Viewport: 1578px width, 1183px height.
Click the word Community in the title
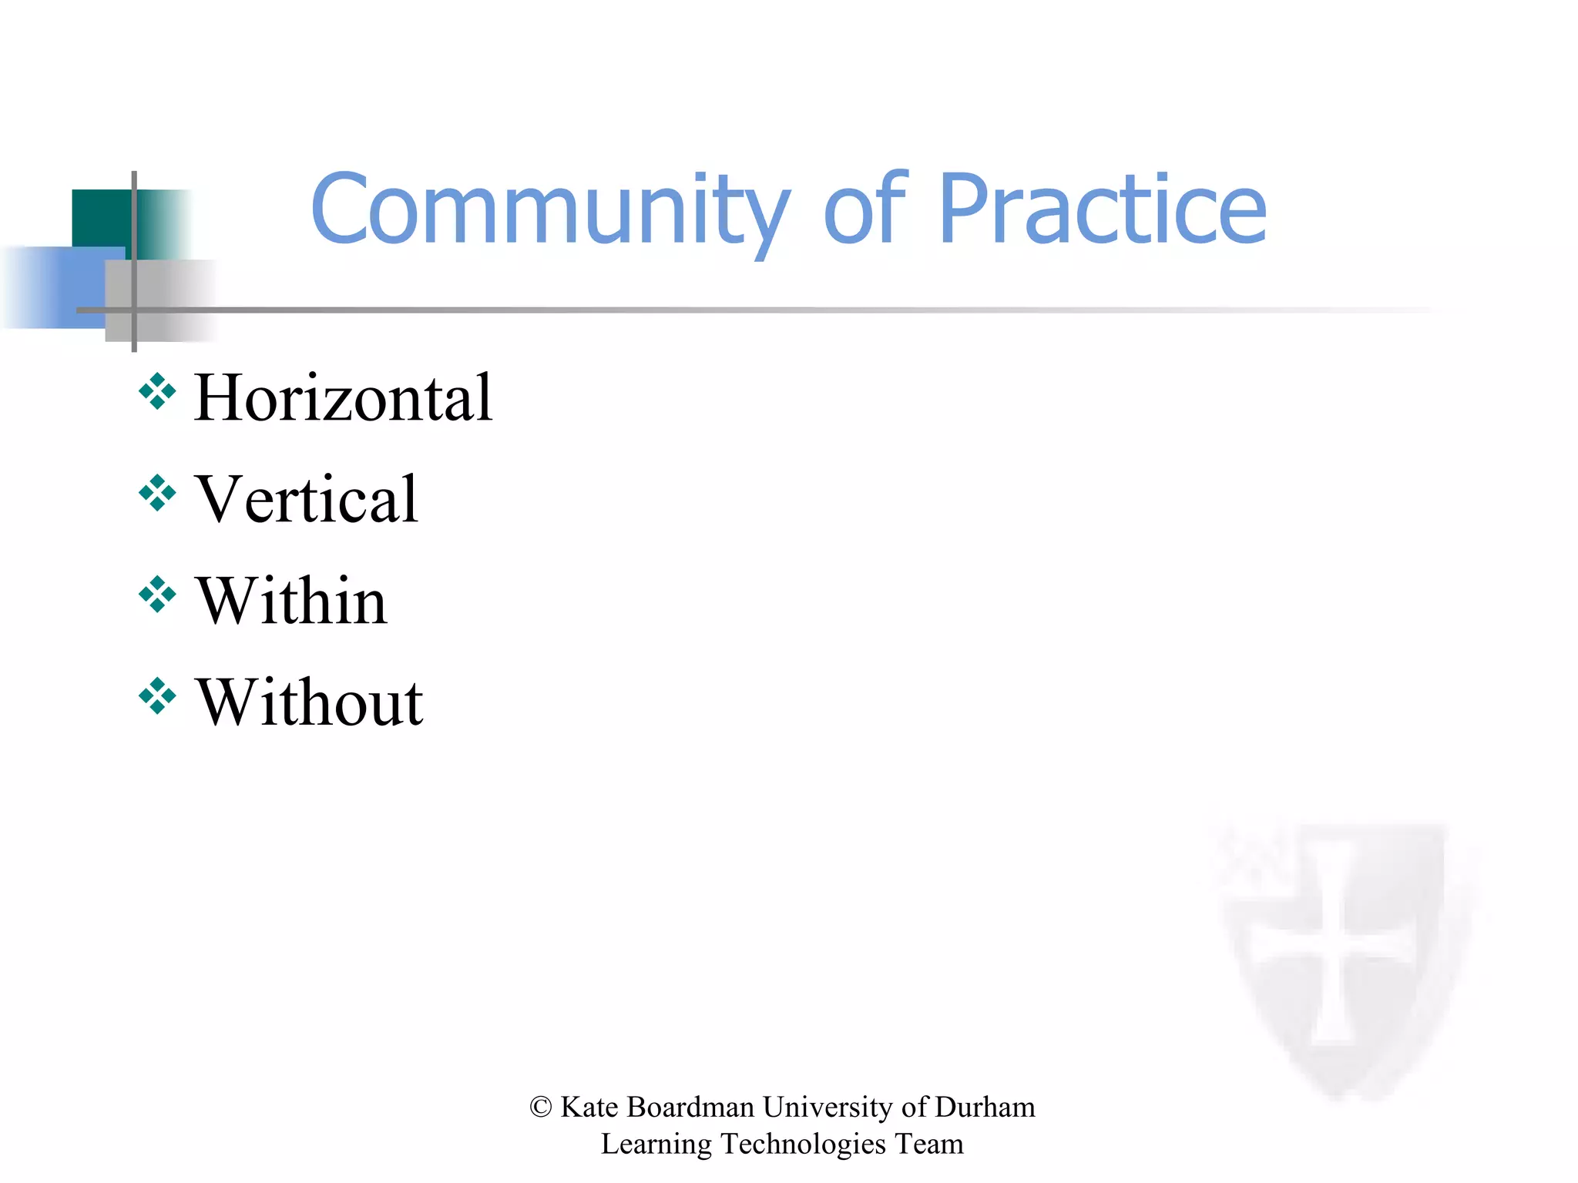(x=550, y=209)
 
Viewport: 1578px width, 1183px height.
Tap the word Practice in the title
(x=1102, y=209)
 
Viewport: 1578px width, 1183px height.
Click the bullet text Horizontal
(x=343, y=398)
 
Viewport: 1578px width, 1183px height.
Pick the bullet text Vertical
(x=307, y=500)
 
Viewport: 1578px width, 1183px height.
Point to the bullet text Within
(x=291, y=602)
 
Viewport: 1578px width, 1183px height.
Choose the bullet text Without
(x=309, y=703)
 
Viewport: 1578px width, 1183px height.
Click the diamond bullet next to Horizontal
(x=157, y=391)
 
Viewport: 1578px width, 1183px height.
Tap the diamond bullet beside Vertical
(x=157, y=493)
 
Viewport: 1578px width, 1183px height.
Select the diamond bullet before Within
(x=157, y=595)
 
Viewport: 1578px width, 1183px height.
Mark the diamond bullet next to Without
(x=157, y=696)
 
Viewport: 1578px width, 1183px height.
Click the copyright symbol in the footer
(x=541, y=1108)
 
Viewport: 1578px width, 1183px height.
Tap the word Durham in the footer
(x=985, y=1108)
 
